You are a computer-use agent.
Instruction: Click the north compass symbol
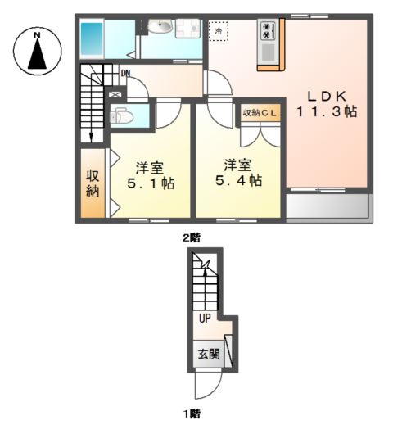pyautogui.click(x=37, y=51)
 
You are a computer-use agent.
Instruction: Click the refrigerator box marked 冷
pyautogui.click(x=219, y=30)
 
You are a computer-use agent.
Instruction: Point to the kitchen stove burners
pyautogui.click(x=269, y=31)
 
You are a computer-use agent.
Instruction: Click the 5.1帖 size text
pyautogui.click(x=149, y=183)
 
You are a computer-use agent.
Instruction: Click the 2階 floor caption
pyautogui.click(x=191, y=237)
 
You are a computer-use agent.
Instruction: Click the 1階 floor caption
pyautogui.click(x=191, y=414)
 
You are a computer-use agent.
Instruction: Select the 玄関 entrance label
pyautogui.click(x=208, y=355)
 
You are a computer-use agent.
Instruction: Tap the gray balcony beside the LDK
pyautogui.click(x=328, y=207)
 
